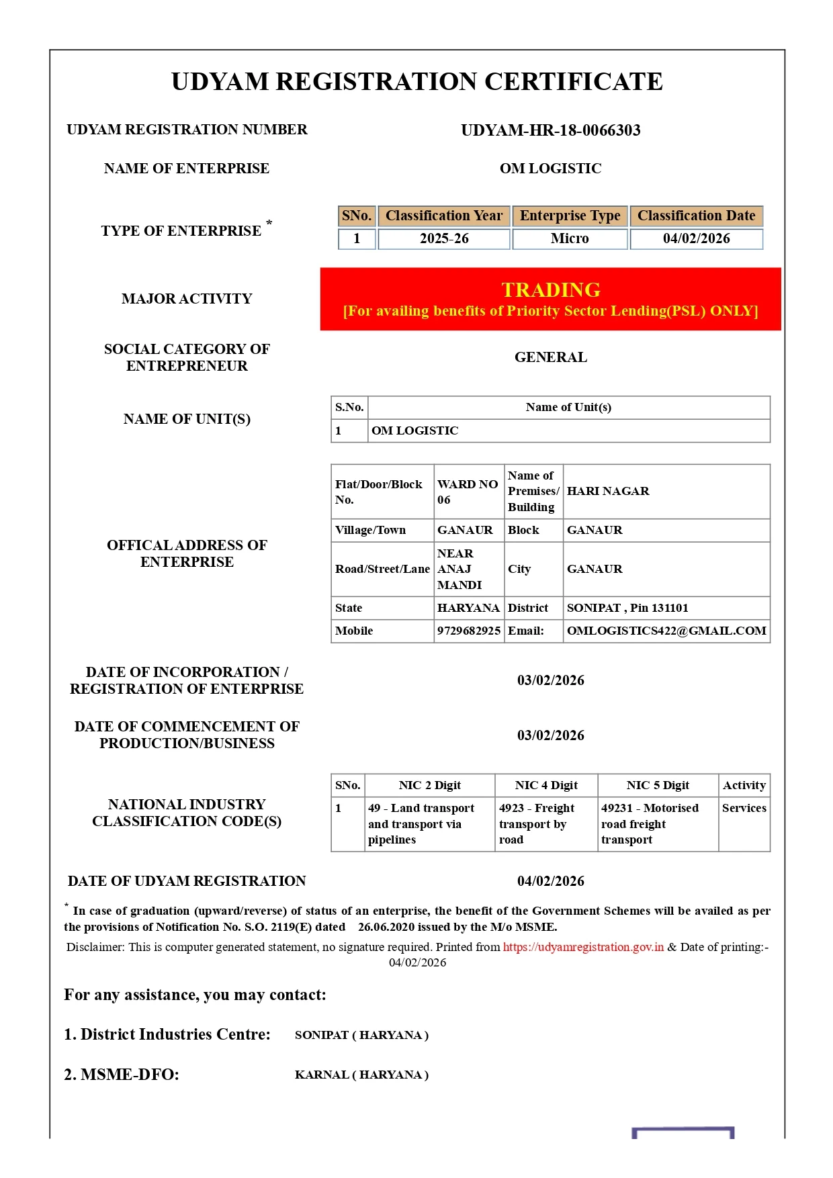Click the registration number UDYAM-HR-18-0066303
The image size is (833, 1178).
(x=550, y=130)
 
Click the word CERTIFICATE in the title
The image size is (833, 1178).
(x=573, y=82)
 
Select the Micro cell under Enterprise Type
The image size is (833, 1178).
(x=570, y=238)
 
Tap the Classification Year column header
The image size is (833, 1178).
(x=443, y=216)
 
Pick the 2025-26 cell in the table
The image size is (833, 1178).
(x=443, y=238)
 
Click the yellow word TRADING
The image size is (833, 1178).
(x=550, y=289)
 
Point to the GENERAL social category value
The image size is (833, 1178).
(x=550, y=357)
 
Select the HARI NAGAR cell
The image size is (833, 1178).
(x=607, y=491)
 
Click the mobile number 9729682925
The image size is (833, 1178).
(x=468, y=631)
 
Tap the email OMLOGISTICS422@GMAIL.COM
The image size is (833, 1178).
(x=666, y=631)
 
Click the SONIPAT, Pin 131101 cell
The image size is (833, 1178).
(x=627, y=608)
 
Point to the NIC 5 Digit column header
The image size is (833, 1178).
(x=658, y=785)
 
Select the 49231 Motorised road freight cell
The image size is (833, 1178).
(x=649, y=823)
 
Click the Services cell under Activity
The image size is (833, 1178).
(x=744, y=808)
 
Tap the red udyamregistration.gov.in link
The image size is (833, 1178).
(x=583, y=947)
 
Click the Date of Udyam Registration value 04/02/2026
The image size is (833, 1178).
(x=550, y=881)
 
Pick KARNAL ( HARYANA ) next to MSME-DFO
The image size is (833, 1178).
(x=361, y=1075)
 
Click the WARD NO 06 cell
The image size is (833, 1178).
(x=467, y=492)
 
